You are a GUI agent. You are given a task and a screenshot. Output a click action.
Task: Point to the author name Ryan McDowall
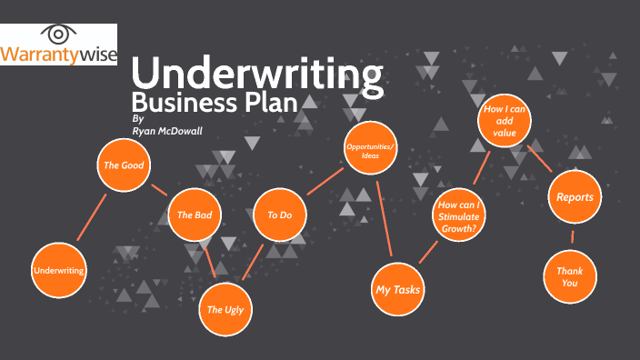tap(169, 130)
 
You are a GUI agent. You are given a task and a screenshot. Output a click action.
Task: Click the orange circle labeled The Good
tap(125, 165)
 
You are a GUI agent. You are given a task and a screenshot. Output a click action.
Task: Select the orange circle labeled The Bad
tap(195, 215)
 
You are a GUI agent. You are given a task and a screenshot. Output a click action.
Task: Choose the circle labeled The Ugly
tap(226, 309)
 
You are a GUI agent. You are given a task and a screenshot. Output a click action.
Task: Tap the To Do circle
tap(280, 215)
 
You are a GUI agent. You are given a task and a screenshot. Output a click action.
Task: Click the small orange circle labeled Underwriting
tap(59, 271)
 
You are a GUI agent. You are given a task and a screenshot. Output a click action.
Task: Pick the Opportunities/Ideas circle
tap(371, 151)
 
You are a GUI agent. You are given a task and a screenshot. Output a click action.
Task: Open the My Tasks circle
tap(399, 289)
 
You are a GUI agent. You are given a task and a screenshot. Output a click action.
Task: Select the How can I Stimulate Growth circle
tap(458, 216)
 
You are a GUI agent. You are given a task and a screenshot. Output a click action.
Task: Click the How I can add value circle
tap(505, 121)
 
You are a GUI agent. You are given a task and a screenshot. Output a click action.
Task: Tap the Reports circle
tap(575, 196)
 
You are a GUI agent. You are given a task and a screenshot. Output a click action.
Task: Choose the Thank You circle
tap(570, 275)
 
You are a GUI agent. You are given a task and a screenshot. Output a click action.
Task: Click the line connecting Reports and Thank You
tap(573, 236)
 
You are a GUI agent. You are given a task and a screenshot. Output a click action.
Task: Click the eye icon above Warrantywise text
tap(59, 35)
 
